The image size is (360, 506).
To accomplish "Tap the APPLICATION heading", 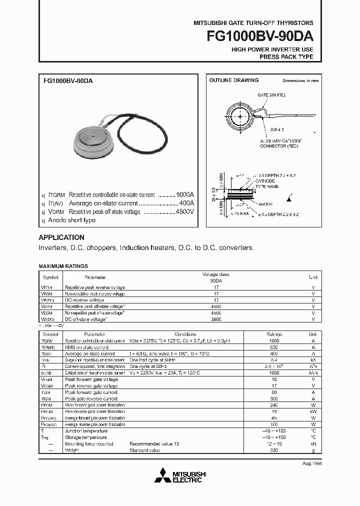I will tap(61, 237).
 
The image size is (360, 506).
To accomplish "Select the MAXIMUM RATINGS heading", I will tap(63, 266).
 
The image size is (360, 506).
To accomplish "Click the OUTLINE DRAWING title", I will tap(233, 80).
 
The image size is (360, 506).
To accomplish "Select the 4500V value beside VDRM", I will tap(184, 211).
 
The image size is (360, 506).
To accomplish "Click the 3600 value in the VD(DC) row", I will tap(216, 318).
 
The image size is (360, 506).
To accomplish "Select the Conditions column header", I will tap(185, 334).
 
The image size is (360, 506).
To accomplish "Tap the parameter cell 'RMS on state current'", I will tap(87, 347).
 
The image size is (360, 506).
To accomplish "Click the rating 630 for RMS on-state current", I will tap(273, 347).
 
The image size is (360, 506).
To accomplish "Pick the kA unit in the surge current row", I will tap(312, 360).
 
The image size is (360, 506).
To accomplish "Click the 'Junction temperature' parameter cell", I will tap(86, 431).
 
